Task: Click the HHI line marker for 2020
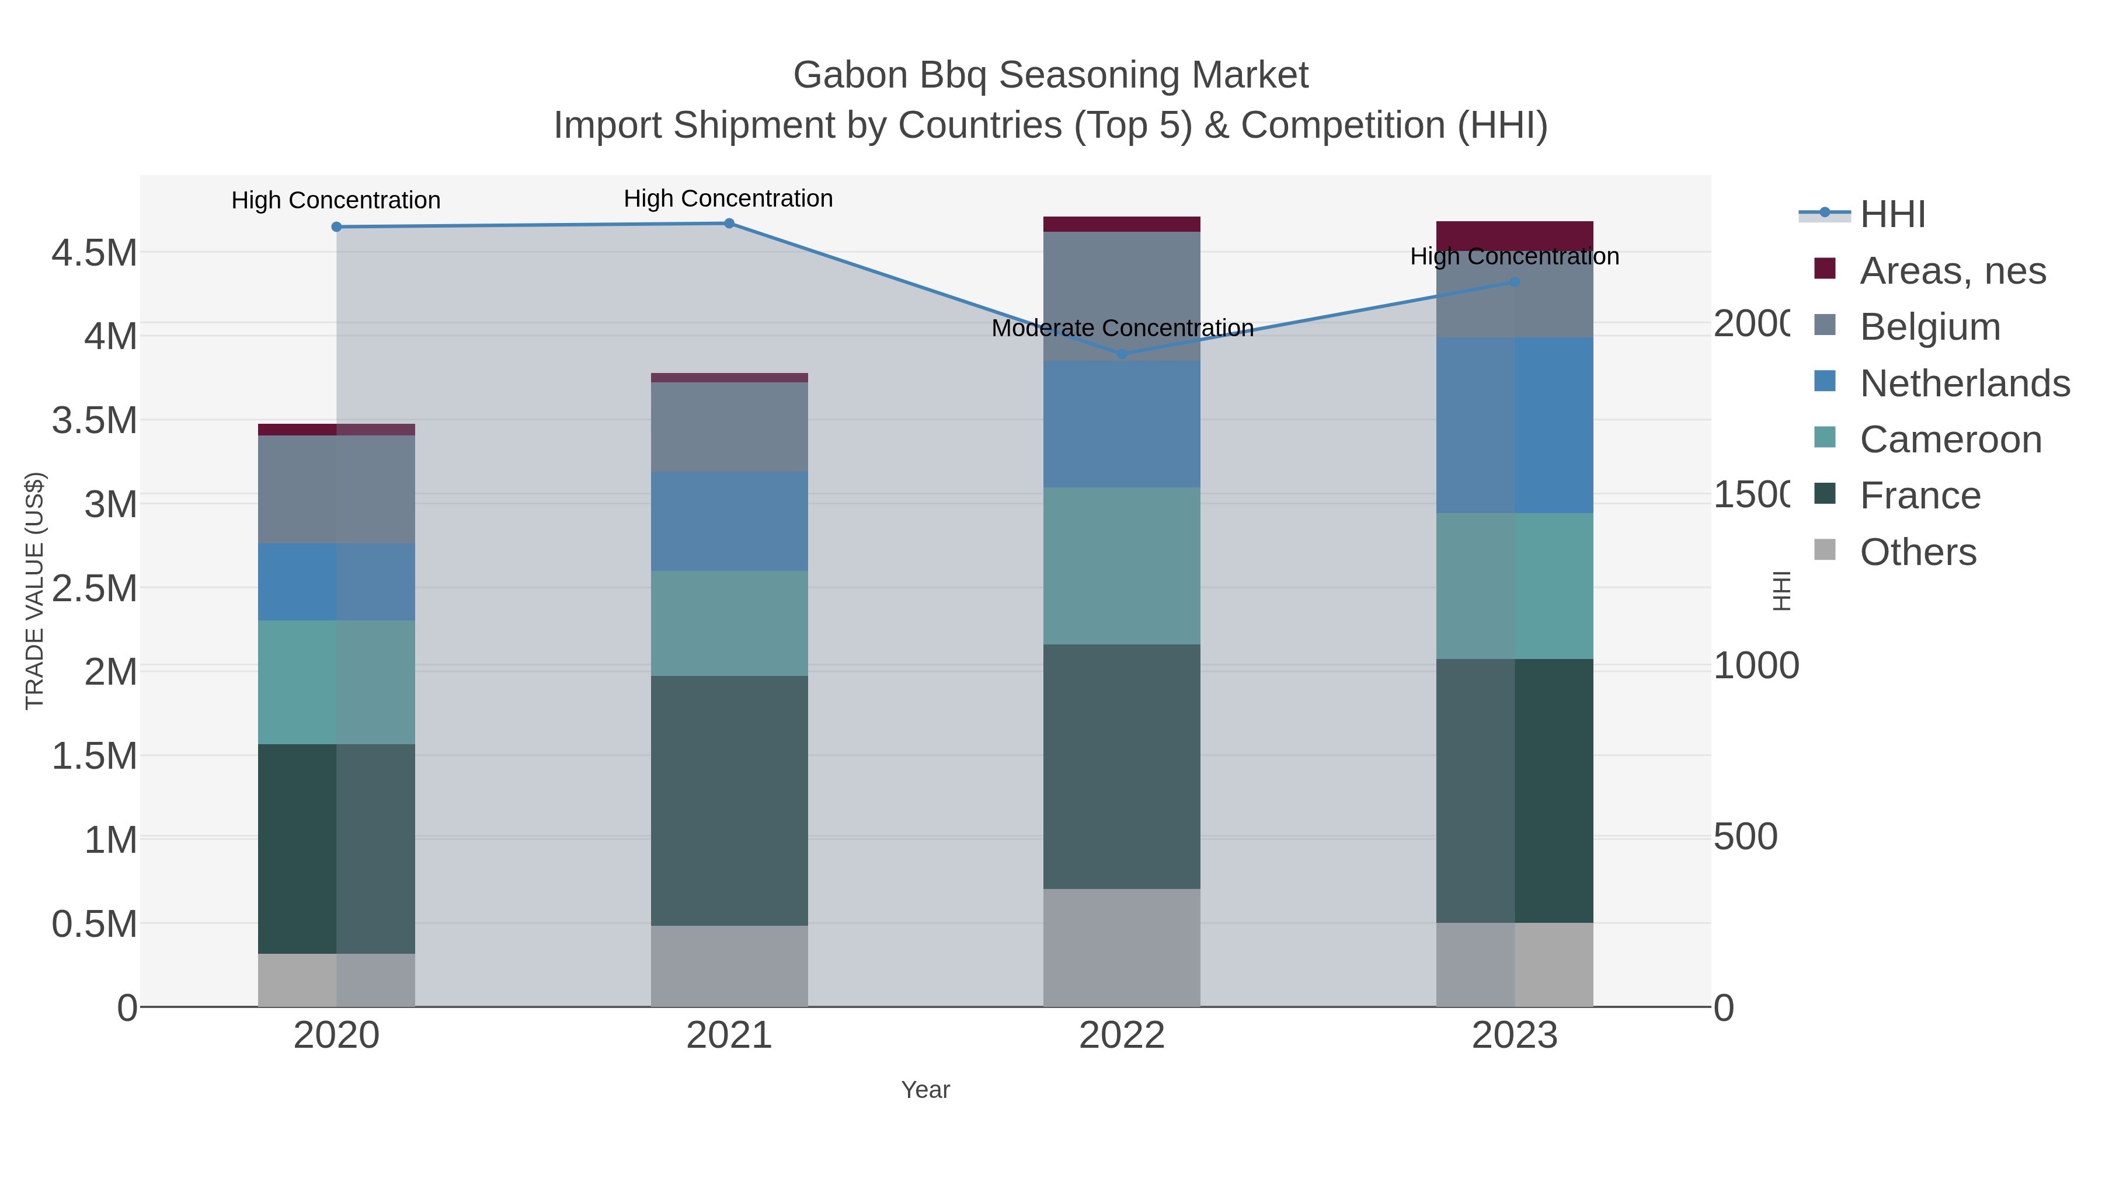(x=336, y=227)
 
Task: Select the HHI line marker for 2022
(x=1122, y=354)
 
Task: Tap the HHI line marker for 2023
(x=1515, y=283)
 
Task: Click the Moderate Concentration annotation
(x=1122, y=328)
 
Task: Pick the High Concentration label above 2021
(x=728, y=198)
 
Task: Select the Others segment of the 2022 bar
(x=1122, y=947)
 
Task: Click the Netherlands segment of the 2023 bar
(x=1515, y=424)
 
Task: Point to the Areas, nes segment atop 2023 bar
(x=1515, y=232)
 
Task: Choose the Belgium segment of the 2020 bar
(x=336, y=490)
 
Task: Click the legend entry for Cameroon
(x=1950, y=440)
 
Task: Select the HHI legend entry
(x=1893, y=215)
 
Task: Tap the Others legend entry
(x=1917, y=552)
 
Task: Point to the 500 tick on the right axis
(x=1745, y=837)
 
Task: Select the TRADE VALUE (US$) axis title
(x=34, y=591)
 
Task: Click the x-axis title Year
(x=925, y=1090)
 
